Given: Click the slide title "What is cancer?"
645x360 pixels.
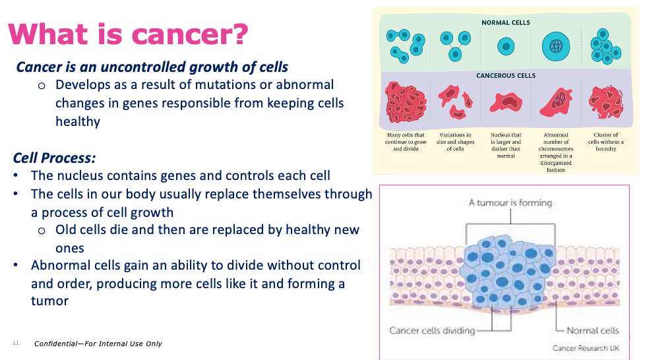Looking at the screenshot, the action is [128, 34].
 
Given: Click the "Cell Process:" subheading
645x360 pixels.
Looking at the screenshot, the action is [54, 158].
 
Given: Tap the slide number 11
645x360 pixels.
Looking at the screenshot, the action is [16, 343].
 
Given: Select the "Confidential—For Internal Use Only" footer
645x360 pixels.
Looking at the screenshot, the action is [98, 344].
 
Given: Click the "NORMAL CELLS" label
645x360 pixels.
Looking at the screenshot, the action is [506, 22].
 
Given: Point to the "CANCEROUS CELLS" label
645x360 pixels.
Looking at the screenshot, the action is [506, 76].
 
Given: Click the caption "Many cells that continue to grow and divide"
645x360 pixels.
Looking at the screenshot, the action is [406, 142].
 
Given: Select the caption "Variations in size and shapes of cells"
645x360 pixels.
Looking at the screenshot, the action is [455, 142].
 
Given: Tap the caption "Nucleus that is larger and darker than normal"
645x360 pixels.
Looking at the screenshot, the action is [506, 145].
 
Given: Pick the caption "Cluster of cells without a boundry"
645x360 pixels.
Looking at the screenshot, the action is [605, 142].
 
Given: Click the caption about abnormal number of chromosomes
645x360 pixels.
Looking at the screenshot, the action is [556, 152].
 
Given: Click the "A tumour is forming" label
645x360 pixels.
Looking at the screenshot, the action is [510, 203].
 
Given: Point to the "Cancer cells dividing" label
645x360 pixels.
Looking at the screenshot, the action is [432, 330].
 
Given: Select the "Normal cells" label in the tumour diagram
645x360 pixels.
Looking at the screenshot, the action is [593, 330].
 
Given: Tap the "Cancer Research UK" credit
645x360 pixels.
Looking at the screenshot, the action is [586, 348].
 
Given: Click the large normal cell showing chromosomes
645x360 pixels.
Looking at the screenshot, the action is [556, 47].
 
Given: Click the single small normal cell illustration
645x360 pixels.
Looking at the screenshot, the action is [506, 47].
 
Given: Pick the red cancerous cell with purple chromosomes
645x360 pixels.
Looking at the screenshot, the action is [556, 102].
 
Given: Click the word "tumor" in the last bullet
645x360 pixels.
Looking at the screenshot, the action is [49, 301].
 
